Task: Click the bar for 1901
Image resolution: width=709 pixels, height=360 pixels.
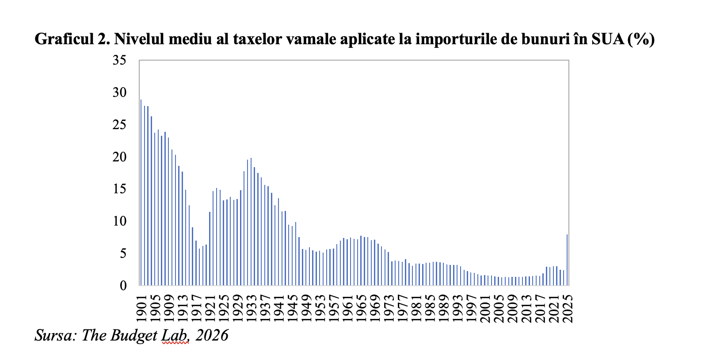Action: point(141,193)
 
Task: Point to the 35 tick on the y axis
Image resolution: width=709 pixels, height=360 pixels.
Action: point(119,60)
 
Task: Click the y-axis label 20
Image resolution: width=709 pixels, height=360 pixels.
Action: point(119,157)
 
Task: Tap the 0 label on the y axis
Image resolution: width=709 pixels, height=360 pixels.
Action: point(123,286)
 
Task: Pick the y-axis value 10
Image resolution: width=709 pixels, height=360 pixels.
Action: point(119,221)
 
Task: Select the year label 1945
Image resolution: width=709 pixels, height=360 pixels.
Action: point(292,306)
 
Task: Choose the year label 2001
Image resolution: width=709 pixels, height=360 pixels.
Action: point(485,306)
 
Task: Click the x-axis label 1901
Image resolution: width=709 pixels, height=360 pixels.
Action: point(141,306)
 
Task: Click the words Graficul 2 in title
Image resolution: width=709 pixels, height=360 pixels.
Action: point(72,39)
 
